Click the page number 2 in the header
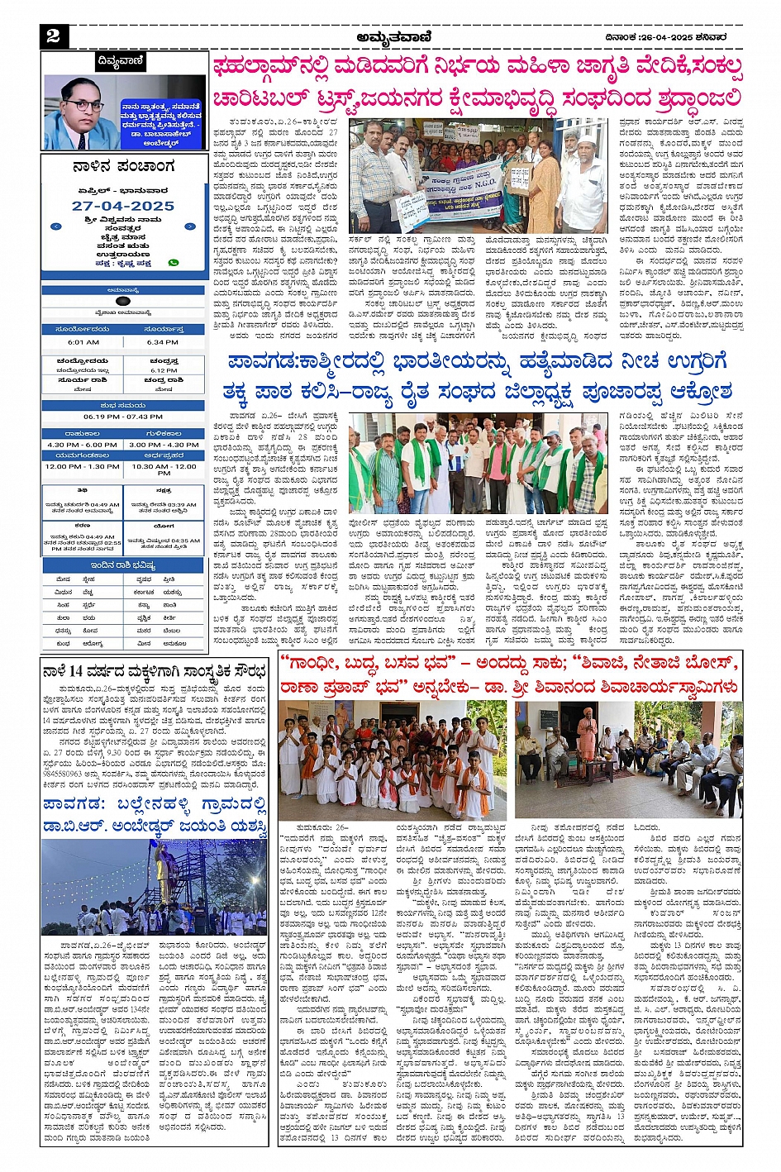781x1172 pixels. pos(53,35)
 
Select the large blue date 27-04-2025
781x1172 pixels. pos(123,206)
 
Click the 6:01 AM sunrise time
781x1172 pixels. pos(83,342)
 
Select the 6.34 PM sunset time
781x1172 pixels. pos(163,342)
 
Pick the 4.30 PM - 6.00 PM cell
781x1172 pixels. pos(83,445)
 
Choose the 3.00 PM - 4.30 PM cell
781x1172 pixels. pos(164,445)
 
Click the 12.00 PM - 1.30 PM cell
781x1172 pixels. pos(83,466)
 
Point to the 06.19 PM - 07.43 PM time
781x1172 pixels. pos(123,417)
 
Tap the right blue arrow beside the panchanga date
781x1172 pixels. pos(190,226)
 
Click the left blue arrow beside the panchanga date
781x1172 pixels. pos(55,226)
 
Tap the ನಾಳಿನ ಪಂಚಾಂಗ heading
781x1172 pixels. pos(123,167)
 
